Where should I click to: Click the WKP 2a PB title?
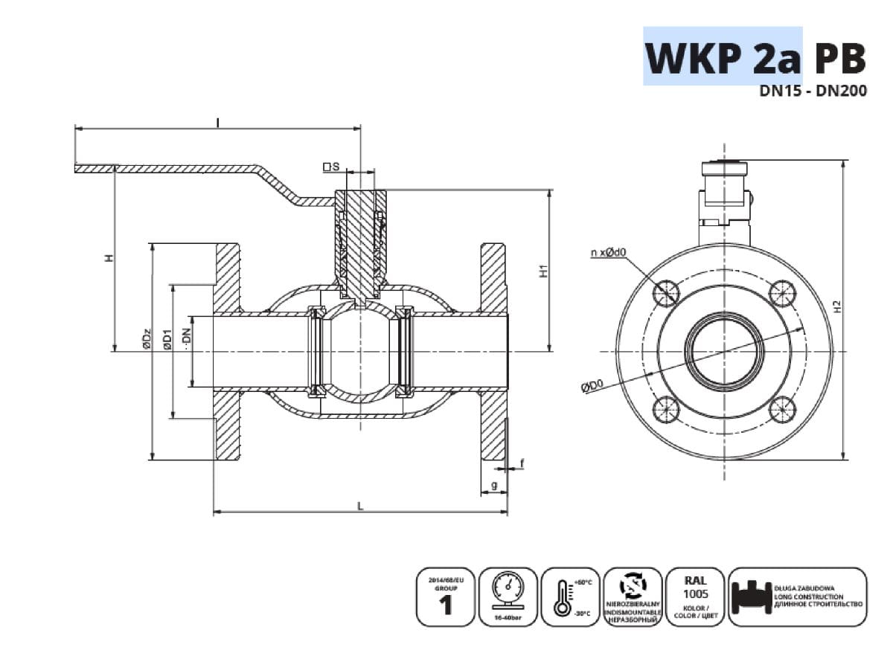pos(755,58)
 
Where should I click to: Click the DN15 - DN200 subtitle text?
pos(813,94)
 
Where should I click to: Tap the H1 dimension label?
pos(543,271)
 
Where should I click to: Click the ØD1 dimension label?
pos(168,340)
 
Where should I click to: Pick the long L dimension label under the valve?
pos(360,506)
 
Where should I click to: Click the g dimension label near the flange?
pos(493,486)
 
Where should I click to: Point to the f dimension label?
pos(522,463)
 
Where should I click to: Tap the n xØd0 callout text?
pos(608,253)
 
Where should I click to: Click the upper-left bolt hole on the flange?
pos(665,292)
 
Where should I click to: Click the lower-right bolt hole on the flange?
pos(782,408)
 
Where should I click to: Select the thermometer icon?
pos(562,597)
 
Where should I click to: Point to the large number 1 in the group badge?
pos(446,606)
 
